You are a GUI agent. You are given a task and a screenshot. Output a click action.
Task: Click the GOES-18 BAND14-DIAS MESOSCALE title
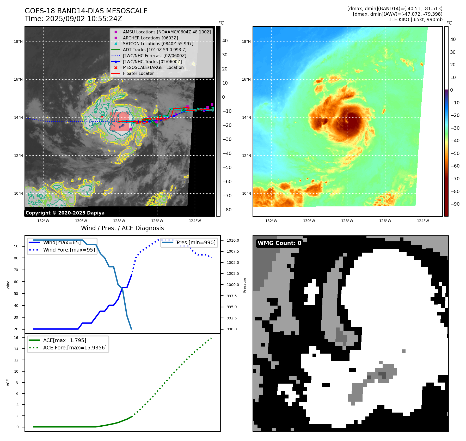point(86,11)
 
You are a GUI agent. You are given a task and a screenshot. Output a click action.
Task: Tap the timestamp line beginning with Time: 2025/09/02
point(73,19)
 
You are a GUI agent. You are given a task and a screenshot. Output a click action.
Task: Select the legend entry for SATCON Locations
point(158,44)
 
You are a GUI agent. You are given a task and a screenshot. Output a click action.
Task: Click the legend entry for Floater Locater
point(138,73)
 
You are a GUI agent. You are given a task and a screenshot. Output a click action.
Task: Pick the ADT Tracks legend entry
point(155,50)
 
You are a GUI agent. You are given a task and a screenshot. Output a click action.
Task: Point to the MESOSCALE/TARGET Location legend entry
point(153,67)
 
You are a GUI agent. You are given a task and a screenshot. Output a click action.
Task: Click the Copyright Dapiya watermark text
point(65,213)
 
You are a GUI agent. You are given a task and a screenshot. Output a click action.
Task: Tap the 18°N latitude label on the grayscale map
point(18,41)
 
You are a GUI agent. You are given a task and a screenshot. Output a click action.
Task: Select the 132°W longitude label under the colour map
point(271,221)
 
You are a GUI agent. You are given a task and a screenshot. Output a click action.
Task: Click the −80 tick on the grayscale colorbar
point(227,210)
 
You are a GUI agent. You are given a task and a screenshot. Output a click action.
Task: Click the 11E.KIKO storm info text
point(415,20)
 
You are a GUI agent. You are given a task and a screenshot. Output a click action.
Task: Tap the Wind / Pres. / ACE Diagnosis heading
point(122,228)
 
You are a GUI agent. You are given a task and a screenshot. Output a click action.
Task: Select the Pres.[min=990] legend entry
point(196,242)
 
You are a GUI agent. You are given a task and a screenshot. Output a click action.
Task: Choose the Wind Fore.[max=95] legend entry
point(69,250)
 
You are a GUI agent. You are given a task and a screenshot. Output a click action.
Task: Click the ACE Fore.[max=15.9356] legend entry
point(75,348)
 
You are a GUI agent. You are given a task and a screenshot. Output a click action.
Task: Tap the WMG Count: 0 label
point(279,243)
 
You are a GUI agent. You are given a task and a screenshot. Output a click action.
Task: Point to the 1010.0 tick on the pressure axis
point(233,240)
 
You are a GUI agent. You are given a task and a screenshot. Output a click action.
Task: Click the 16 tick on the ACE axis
point(16,338)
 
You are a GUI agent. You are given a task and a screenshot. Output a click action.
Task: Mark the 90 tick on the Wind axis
point(16,246)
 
